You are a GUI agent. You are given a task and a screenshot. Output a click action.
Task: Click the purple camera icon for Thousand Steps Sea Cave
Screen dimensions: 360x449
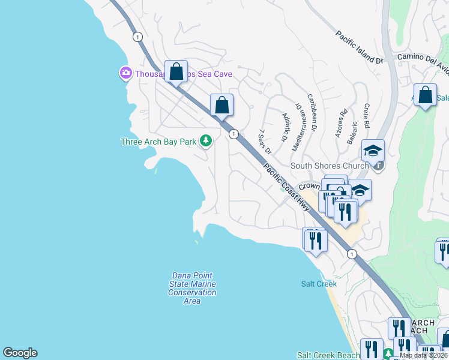(125, 74)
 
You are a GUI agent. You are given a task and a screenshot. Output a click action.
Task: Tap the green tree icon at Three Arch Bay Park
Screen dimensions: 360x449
(206, 141)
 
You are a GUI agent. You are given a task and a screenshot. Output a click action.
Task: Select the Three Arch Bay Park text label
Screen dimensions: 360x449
(158, 142)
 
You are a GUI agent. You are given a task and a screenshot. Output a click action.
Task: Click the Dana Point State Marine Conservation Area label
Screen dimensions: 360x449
(192, 288)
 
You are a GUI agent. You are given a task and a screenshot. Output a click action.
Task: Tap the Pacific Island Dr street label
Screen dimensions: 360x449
(359, 47)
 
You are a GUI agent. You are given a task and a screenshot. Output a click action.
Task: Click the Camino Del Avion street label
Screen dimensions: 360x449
(423, 62)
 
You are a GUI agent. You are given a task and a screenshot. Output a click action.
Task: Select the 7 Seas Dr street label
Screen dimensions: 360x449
(264, 142)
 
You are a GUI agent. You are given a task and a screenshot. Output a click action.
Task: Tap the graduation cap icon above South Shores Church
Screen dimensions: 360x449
(372, 150)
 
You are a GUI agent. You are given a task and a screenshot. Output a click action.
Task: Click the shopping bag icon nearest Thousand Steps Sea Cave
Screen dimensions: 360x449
(176, 71)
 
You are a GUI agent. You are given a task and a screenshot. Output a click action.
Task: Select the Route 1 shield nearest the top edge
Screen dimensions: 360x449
(138, 37)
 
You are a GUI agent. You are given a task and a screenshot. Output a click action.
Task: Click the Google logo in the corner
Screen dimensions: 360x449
(20, 353)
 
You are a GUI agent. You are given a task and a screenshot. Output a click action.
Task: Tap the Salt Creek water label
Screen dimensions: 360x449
(314, 284)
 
